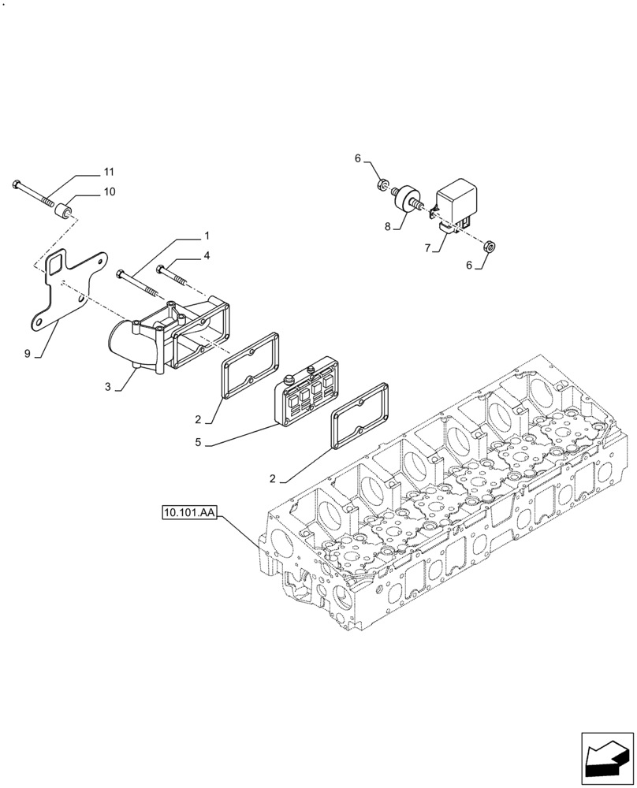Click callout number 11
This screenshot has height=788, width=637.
[109, 172]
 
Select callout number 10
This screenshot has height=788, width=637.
[109, 191]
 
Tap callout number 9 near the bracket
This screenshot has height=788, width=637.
[28, 354]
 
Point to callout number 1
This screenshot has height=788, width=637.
[207, 236]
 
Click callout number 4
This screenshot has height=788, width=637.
[207, 255]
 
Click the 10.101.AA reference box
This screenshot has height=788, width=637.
[188, 514]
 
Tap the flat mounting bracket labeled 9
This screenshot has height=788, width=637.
[67, 288]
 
